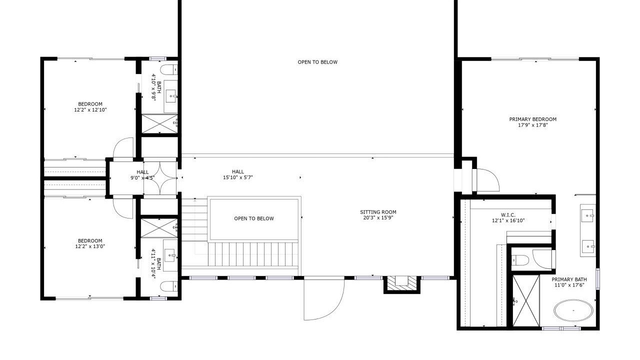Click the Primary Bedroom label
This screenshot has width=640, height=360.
click(533, 119)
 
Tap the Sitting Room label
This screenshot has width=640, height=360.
click(378, 212)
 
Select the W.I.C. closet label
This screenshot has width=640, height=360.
click(508, 215)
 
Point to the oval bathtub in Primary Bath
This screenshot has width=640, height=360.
click(573, 310)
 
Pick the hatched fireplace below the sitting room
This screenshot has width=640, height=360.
click(401, 284)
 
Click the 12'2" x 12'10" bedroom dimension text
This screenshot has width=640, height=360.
click(90, 109)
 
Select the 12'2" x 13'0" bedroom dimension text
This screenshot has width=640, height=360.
click(90, 246)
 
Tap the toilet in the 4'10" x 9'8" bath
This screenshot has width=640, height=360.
click(169, 69)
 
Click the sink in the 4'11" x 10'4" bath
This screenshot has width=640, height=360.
click(171, 254)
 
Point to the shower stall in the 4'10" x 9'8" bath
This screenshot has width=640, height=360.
click(159, 123)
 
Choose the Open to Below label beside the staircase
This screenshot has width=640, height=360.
click(254, 218)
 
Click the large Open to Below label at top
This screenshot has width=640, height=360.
click(317, 62)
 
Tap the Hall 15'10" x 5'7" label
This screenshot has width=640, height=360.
click(237, 174)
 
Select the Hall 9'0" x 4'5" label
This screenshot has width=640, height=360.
click(142, 175)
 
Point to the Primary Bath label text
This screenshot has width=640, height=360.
click(569, 279)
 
